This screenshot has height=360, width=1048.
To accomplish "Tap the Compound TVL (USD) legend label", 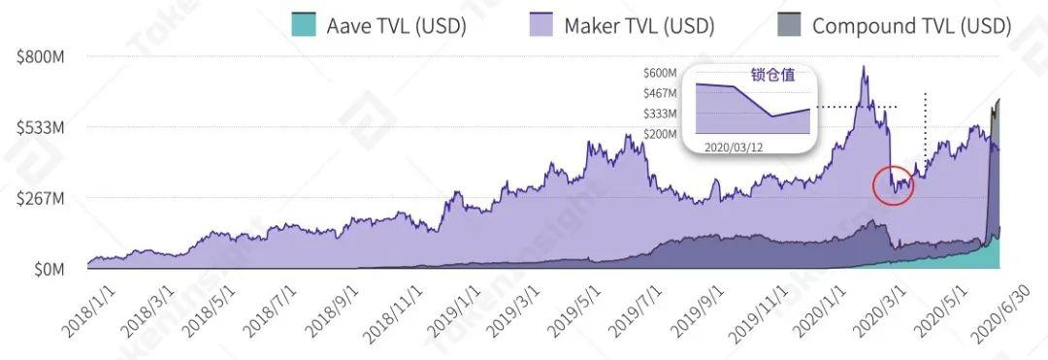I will click(x=911, y=25).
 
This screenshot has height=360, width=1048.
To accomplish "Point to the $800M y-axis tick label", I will click(x=41, y=57).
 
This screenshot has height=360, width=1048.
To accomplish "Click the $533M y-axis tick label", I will click(x=41, y=128).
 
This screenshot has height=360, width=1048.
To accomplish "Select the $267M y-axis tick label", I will click(x=41, y=198).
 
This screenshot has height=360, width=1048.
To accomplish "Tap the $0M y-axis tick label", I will click(x=47, y=269).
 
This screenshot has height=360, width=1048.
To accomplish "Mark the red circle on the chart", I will click(x=893, y=184).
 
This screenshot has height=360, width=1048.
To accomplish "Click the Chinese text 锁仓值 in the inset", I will click(x=771, y=74).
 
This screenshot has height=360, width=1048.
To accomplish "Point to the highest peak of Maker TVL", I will click(x=863, y=67).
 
